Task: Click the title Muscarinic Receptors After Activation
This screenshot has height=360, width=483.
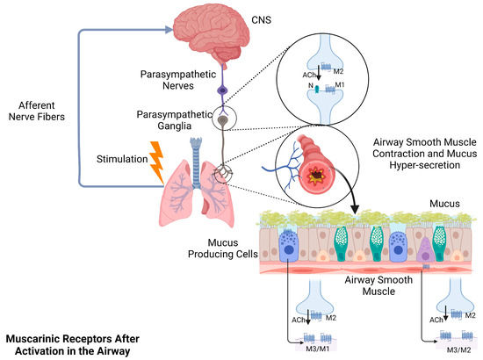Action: [69, 342]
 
